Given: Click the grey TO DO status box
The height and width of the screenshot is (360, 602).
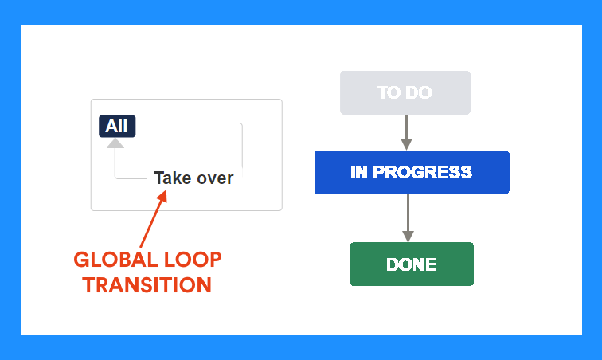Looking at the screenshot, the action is tap(405, 92).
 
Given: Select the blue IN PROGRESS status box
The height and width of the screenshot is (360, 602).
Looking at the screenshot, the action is tap(412, 172).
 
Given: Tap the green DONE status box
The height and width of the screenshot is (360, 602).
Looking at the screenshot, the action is tap(412, 264).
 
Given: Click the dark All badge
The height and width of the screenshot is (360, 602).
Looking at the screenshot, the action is tap(117, 126).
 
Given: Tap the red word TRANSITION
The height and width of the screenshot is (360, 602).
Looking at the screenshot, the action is tap(147, 285).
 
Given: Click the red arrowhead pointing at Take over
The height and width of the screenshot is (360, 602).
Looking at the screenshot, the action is tap(162, 196).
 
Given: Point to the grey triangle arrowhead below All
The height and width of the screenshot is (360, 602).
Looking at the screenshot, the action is tap(115, 143).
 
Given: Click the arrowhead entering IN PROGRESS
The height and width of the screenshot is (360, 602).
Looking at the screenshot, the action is tap(406, 144).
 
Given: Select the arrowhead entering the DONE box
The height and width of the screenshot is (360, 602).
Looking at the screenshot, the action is tap(408, 237).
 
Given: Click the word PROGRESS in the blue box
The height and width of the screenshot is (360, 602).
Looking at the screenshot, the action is tap(422, 172).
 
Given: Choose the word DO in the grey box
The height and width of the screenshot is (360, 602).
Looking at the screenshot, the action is tap(419, 92).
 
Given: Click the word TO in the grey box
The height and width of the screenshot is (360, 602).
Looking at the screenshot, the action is tap(389, 92).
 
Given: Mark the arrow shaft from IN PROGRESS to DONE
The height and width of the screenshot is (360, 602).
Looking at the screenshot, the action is tap(408, 213).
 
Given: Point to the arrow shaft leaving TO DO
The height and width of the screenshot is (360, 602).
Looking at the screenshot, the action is tap(406, 127).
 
